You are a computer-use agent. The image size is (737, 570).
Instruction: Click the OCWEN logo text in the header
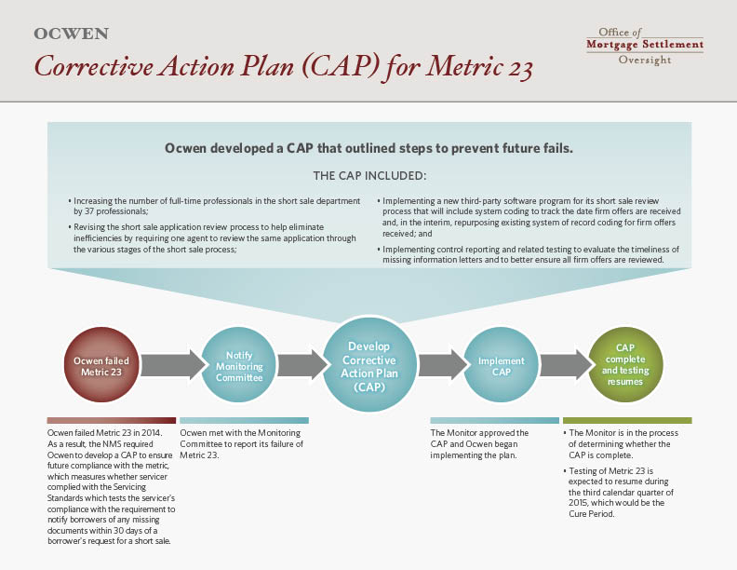click(x=72, y=34)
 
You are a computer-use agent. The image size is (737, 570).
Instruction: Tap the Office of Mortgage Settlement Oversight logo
click(x=645, y=46)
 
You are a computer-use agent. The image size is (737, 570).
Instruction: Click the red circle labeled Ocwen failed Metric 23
click(x=101, y=365)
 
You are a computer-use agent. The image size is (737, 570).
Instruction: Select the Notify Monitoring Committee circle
click(x=239, y=365)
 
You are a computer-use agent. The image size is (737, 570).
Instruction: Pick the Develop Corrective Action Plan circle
click(x=369, y=365)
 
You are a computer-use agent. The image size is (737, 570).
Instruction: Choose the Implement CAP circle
click(x=501, y=365)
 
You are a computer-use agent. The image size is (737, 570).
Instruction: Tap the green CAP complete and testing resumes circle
click(x=625, y=365)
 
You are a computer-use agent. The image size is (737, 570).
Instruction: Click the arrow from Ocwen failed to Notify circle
click(x=173, y=365)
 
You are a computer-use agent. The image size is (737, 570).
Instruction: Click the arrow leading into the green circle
click(x=567, y=365)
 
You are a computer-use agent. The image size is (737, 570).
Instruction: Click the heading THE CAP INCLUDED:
click(x=370, y=176)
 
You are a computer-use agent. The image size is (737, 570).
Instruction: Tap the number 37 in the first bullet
click(x=89, y=211)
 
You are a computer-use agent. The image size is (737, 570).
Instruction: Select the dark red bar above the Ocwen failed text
click(x=112, y=420)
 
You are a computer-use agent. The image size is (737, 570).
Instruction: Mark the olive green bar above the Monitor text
click(x=627, y=420)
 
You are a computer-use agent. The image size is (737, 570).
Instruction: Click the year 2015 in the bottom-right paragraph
click(x=578, y=503)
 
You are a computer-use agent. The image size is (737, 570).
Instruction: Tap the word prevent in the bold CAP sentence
click(x=476, y=149)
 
